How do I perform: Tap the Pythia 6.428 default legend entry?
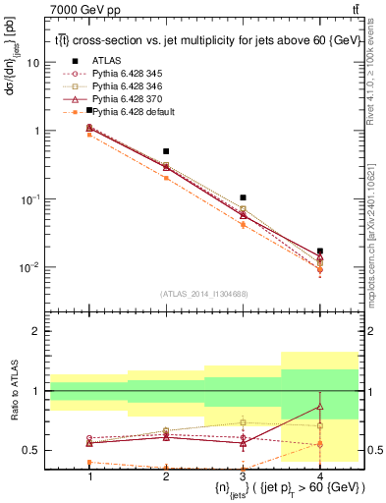point(133,112)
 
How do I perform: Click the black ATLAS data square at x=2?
point(166,151)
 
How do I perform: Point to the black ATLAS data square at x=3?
point(243,198)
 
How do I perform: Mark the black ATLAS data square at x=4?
point(319,251)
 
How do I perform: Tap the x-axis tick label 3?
point(243,475)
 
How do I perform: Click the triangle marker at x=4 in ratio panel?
point(319,406)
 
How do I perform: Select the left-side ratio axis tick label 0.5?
point(32,451)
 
